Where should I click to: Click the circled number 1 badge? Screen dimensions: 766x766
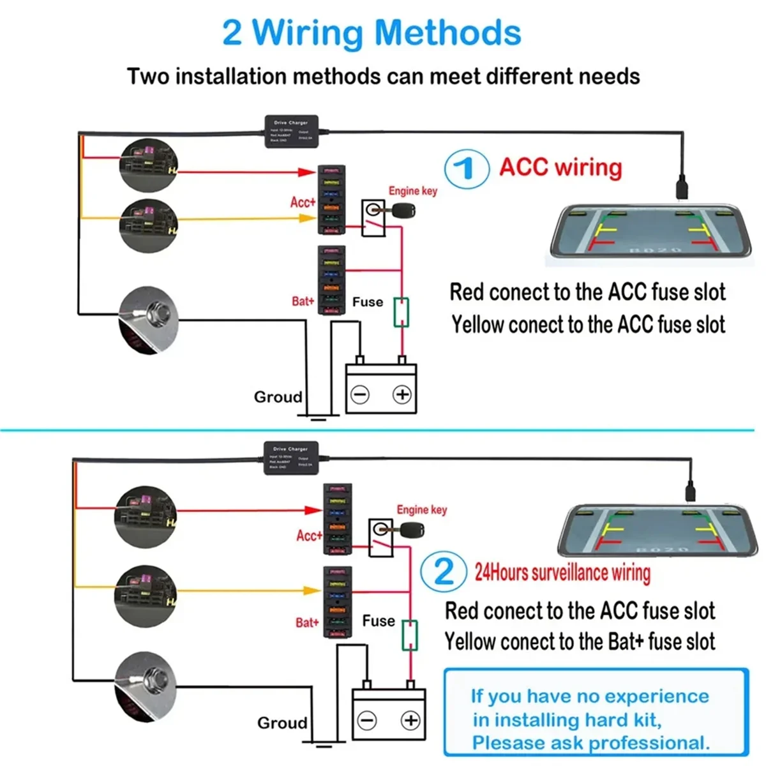coord(467,169)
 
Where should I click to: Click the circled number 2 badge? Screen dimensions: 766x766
coord(443,571)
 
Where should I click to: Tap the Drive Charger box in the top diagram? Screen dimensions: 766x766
coord(291,131)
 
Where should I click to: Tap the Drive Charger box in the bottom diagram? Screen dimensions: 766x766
coord(290,458)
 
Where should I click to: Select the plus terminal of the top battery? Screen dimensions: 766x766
coord(402,394)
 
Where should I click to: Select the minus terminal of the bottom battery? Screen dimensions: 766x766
coord(367,721)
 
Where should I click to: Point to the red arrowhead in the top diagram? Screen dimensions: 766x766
coord(308,172)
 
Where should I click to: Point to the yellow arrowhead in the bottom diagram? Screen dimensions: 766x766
coord(312,591)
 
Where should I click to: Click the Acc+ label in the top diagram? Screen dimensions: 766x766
coord(303,202)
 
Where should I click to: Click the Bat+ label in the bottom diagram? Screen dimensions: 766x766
coord(307,622)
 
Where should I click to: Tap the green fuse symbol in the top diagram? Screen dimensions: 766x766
coord(401,313)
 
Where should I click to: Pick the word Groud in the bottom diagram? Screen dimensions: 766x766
coord(282,723)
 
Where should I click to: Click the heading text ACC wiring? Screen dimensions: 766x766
coord(560,167)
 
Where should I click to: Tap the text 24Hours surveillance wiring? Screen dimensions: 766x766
coord(562,573)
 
